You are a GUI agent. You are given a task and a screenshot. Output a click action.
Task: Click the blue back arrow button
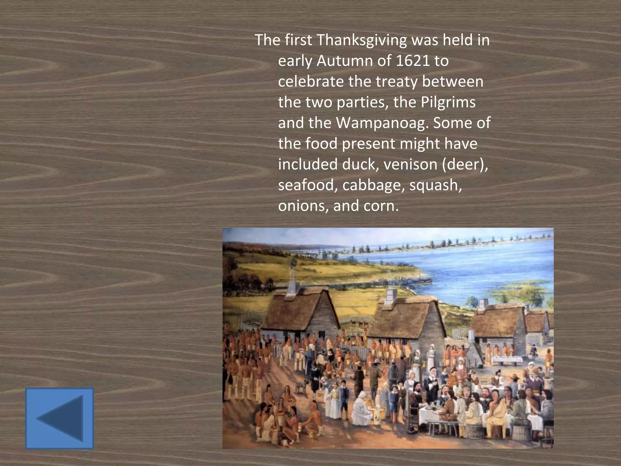59,418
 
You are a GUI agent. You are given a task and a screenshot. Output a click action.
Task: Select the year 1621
413,61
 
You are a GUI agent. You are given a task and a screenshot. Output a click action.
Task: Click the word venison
410,164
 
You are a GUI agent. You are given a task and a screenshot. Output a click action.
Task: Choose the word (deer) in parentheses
465,164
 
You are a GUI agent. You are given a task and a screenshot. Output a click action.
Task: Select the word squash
435,185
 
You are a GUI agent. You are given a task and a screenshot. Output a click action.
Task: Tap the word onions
303,206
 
